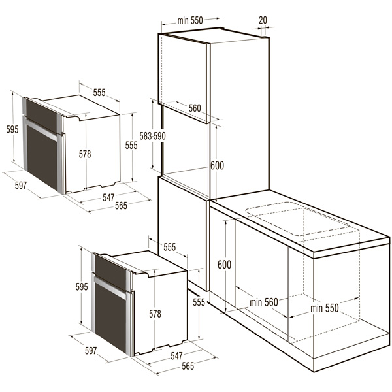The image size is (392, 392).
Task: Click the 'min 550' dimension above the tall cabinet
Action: coord(190,20)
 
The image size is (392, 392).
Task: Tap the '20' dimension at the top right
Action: coord(263,20)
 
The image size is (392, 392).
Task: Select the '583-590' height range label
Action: coord(152,136)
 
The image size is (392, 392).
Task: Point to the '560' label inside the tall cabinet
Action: coord(195,108)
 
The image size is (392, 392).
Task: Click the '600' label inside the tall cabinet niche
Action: coord(218,165)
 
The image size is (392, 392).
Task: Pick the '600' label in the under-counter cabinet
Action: coord(224,265)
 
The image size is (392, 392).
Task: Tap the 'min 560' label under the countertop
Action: coord(264,302)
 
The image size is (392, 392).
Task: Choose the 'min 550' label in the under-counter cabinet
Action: coord(325,308)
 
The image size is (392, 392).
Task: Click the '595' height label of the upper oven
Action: coord(12,129)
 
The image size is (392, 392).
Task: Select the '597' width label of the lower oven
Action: coord(91,350)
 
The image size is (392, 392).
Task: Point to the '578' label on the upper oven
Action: coord(85,154)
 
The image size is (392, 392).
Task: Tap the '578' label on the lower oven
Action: coord(155,314)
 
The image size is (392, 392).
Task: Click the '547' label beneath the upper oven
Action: coord(108,197)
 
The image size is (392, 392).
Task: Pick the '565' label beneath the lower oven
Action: coord(188,366)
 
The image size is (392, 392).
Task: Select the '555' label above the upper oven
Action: coord(99,93)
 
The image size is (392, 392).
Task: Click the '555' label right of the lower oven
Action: coord(199,302)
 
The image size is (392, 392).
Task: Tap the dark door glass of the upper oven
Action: coord(42,157)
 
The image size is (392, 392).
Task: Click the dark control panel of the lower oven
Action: coord(110,272)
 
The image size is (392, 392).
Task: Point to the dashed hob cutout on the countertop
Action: coord(297,218)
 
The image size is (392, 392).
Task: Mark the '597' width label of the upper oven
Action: coord(21,186)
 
